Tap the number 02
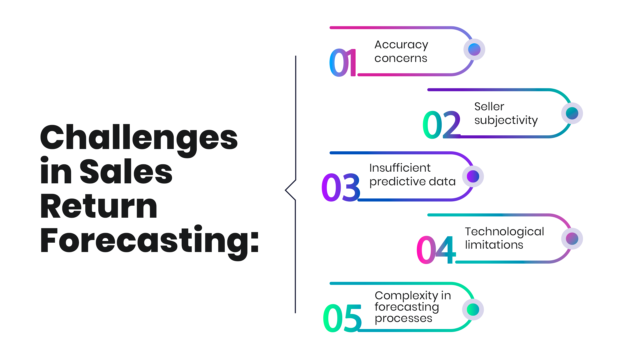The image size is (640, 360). point(442,125)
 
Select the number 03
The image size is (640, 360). point(341,187)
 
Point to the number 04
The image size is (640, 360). point(436,250)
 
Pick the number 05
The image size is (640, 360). point(342,318)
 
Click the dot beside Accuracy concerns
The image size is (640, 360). point(474,50)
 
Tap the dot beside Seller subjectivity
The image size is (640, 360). point(572,113)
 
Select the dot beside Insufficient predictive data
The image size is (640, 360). point(473,176)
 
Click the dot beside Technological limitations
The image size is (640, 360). point(572,239)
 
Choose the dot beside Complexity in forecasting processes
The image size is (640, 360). point(473,310)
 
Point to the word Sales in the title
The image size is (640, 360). point(126,171)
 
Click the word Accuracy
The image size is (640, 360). point(401,46)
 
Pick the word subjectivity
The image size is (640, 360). point(506,121)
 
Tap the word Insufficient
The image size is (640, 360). point(400,168)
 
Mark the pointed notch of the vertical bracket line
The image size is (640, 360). point(286,190)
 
